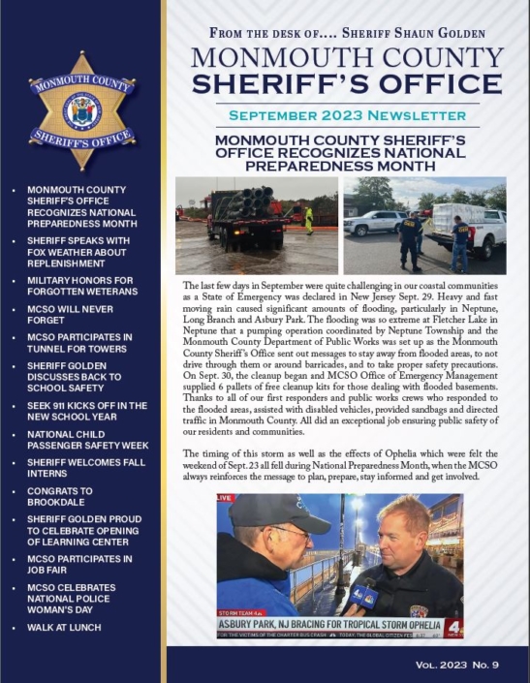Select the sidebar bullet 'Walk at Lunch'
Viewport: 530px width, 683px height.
[64, 628]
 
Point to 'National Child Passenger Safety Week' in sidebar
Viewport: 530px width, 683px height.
[82, 443]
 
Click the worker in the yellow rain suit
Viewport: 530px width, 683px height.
[309, 220]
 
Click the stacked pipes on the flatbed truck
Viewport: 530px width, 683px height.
[249, 203]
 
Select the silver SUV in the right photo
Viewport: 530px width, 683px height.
[374, 223]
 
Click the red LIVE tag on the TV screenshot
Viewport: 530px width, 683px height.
[226, 498]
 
